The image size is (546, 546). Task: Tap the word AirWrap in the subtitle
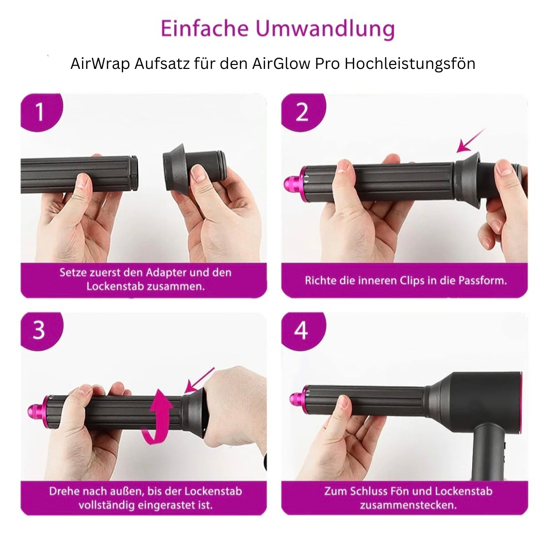tap(99, 64)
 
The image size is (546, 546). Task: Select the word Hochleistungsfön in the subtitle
tap(410, 64)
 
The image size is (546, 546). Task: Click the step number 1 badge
tap(40, 112)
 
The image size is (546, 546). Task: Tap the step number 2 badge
tap(301, 112)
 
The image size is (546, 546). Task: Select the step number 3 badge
tap(39, 331)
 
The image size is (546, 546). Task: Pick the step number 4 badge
tap(301, 331)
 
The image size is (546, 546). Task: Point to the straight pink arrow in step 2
tap(471, 141)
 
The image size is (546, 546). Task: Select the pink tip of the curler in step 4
tap(297, 400)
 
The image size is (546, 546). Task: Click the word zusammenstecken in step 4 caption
tap(408, 505)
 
